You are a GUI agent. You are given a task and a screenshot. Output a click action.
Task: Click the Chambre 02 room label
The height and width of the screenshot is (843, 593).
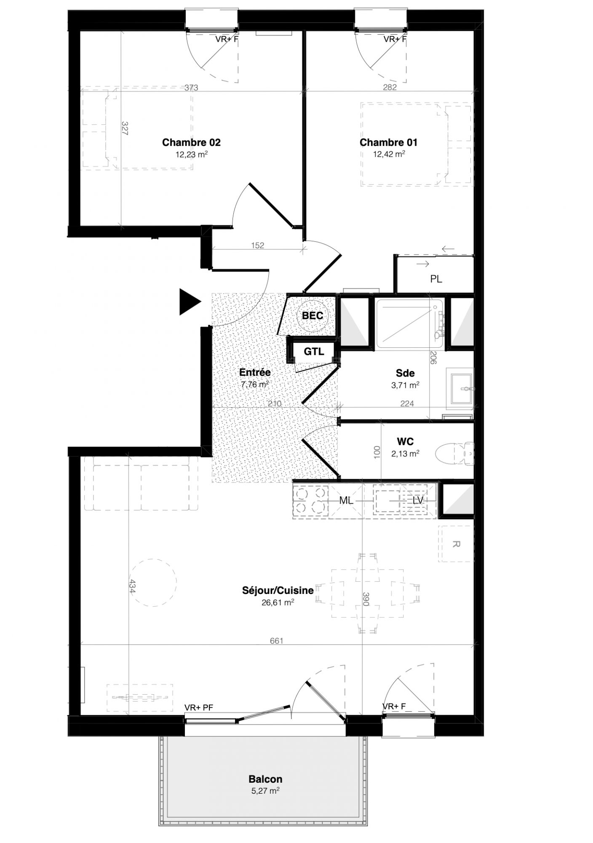coord(191,142)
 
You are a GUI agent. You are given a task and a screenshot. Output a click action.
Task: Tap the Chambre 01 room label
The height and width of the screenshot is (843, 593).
coord(388,142)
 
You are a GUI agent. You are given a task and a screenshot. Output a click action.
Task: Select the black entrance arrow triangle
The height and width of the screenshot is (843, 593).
coord(189,302)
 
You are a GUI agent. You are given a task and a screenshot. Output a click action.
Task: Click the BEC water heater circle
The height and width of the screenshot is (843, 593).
coord(313,315)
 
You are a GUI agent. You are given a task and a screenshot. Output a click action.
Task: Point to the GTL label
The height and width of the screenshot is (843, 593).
coord(314,351)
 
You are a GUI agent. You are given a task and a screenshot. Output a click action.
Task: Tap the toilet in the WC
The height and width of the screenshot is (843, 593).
coord(454,454)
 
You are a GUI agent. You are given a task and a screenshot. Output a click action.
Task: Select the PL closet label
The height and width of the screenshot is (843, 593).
coord(436,279)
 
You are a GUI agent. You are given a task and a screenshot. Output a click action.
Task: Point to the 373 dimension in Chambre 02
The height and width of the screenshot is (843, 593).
coord(192,88)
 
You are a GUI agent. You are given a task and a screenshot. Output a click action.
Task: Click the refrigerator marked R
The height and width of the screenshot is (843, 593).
coord(455,544)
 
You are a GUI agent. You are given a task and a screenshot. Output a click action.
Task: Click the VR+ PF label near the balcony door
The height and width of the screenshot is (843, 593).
coord(199,708)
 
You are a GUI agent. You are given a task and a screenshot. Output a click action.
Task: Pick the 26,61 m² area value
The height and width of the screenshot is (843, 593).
coord(278,602)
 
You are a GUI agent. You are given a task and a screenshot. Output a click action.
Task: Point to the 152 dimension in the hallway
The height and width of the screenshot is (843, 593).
coord(257,245)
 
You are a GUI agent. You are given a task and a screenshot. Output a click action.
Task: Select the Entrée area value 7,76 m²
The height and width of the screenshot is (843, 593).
coord(255,384)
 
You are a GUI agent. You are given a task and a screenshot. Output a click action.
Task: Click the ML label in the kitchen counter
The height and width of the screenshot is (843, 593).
coord(346,501)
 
